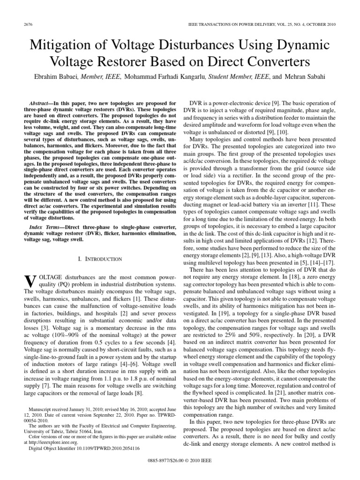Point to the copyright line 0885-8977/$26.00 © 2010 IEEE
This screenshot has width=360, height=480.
pos(180,460)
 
